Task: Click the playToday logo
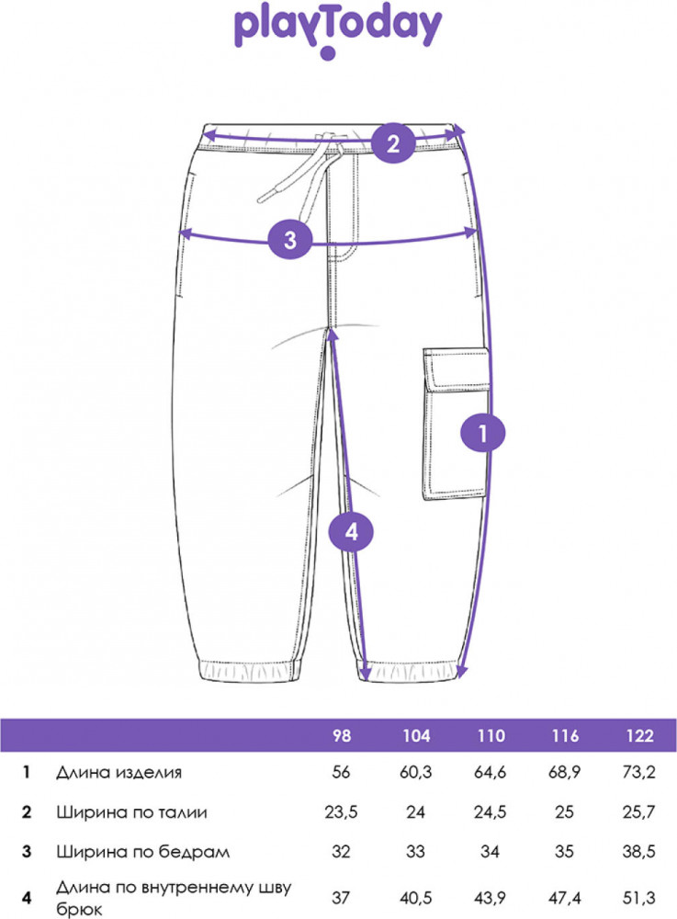tap(338, 31)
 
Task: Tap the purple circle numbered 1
tap(482, 434)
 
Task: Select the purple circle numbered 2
tap(393, 142)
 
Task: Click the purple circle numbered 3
tap(290, 239)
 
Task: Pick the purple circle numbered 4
tap(351, 532)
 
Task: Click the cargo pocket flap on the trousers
tap(457, 369)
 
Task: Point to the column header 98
tap(342, 735)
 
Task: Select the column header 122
tap(639, 735)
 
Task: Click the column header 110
tap(491, 735)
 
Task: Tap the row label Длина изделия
tap(118, 773)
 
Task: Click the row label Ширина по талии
tap(131, 812)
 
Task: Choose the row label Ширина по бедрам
tap(143, 851)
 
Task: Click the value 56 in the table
tap(341, 772)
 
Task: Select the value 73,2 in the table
tap(639, 772)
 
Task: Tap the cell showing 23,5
tap(342, 812)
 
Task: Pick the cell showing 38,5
tap(639, 851)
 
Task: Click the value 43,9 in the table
tap(491, 897)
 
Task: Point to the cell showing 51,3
tap(639, 897)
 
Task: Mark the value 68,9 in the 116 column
tap(565, 772)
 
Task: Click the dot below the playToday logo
tap(328, 54)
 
